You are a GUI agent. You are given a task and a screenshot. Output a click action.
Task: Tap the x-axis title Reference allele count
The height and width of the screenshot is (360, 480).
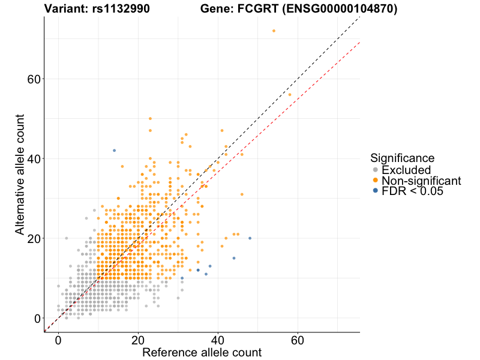pyautogui.click(x=202, y=352)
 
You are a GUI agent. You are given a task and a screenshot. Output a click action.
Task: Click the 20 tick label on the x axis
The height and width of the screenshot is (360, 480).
pyautogui.click(x=138, y=340)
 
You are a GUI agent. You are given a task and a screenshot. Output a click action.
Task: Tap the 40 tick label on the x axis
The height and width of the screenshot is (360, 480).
pyautogui.click(x=218, y=340)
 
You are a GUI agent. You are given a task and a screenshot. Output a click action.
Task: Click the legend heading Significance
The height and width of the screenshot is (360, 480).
pyautogui.click(x=402, y=158)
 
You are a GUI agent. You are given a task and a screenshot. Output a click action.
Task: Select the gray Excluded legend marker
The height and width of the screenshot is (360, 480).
pyautogui.click(x=376, y=170)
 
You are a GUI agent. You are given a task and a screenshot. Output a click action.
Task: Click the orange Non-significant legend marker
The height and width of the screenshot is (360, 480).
pyautogui.click(x=376, y=181)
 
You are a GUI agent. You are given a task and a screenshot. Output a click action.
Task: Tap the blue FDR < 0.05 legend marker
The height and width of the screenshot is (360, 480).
pyautogui.click(x=376, y=191)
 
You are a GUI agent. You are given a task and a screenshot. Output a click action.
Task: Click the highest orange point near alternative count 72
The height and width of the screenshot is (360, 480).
pyautogui.click(x=274, y=31)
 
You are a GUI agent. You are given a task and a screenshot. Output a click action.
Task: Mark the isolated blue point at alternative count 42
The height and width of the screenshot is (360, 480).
pyautogui.click(x=114, y=151)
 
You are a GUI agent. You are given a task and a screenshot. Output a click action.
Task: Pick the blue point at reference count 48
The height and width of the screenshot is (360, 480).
pyautogui.click(x=250, y=238)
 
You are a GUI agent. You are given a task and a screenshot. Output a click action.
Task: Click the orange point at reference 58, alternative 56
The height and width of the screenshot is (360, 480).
pyautogui.click(x=290, y=95)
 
